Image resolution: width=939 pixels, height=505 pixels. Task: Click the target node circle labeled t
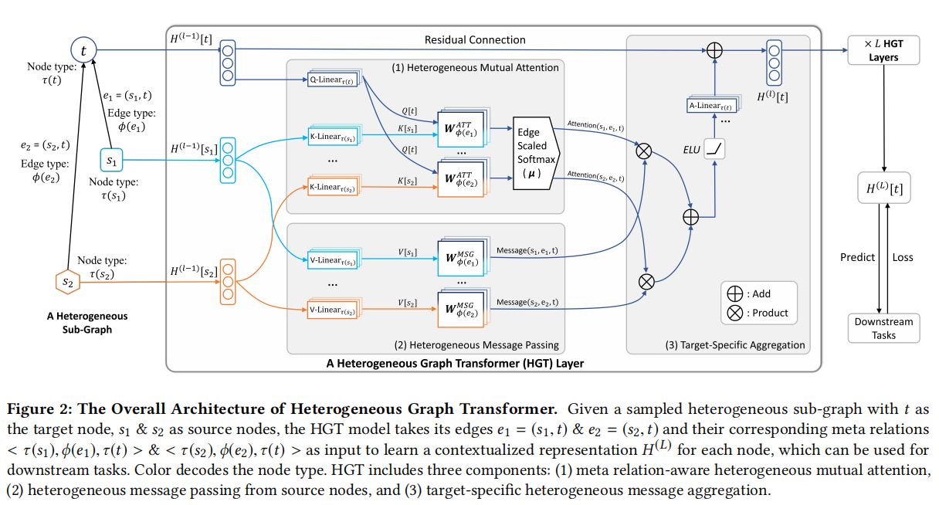coord(83,51)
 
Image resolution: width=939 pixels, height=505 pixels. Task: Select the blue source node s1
coord(112,161)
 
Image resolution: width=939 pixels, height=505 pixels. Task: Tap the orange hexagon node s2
coord(68,283)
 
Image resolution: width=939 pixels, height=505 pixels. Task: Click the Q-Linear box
coord(334,80)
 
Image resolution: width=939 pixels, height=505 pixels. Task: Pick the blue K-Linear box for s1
coord(334,137)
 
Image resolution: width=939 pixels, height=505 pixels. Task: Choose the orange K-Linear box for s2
coord(334,188)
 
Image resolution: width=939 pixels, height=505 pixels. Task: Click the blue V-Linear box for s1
coord(334,260)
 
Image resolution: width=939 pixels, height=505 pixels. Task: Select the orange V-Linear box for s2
coord(334,310)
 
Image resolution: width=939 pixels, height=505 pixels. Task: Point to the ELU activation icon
coord(715,149)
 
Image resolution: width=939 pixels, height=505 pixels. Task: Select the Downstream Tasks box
coord(883,328)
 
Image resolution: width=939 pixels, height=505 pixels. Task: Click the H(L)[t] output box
coord(883,188)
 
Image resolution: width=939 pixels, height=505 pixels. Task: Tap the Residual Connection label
coord(475,39)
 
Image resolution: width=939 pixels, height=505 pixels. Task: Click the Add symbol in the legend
coord(734,294)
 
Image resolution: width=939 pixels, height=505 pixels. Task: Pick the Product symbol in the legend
coord(734,313)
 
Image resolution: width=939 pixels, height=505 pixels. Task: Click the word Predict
coord(857,257)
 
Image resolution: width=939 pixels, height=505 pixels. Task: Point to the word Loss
coord(902,257)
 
